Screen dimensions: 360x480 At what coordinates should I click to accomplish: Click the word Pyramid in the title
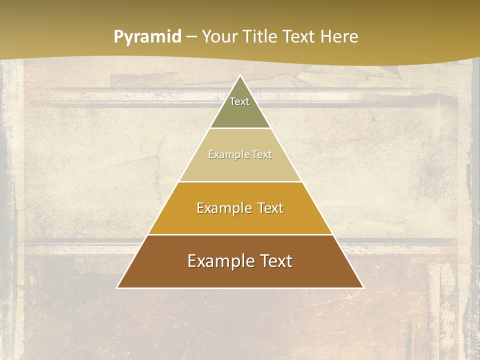147,37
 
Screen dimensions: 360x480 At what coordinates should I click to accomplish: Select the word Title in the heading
262,37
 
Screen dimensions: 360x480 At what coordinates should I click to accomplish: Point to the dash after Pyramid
191,37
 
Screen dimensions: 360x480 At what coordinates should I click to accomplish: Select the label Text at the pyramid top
239,101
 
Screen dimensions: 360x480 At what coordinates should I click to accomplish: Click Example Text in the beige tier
240,154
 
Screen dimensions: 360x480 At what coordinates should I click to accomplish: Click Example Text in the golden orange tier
240,208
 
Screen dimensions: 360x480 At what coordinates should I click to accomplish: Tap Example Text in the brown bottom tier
240,261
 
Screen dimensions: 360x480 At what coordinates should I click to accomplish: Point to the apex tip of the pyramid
240,76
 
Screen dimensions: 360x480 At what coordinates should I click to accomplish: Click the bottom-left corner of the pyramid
118,287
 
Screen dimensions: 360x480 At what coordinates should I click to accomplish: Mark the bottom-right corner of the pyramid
362,287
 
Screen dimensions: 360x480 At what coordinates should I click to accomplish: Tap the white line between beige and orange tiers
240,181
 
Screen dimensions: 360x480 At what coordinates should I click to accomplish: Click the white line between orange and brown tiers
240,234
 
